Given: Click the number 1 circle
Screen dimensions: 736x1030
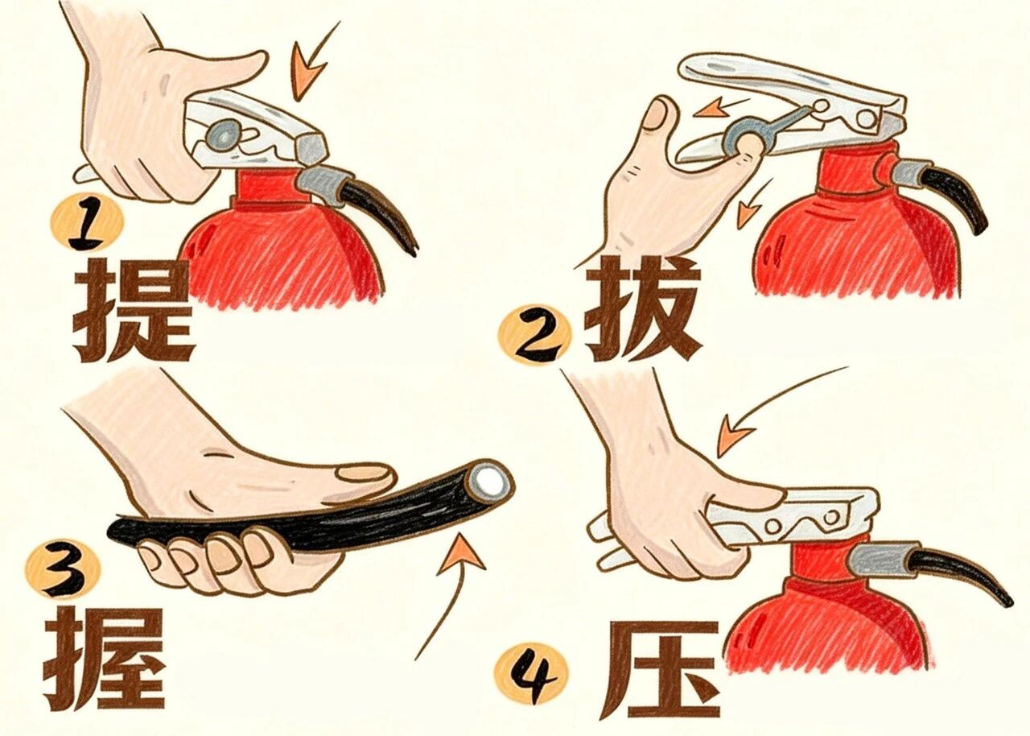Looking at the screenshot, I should point(87,223).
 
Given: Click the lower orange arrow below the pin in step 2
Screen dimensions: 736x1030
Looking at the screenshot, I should point(749,211).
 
